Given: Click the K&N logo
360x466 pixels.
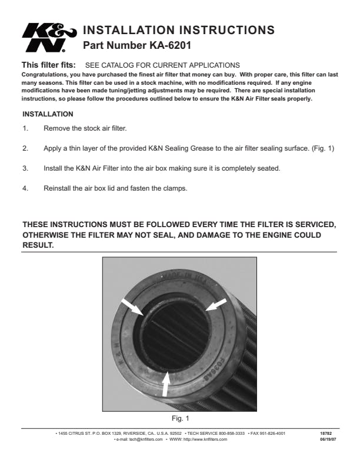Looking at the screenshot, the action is click(x=49, y=38).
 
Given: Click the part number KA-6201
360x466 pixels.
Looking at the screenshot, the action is click(x=170, y=45).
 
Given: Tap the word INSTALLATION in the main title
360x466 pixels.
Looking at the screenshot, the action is click(x=129, y=30).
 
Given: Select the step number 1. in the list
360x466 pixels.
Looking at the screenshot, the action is click(x=25, y=128).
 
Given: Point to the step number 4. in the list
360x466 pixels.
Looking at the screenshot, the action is click(x=25, y=188).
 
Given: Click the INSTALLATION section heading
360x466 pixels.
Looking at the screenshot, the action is click(x=48, y=114).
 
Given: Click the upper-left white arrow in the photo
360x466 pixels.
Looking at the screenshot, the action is click(x=132, y=307).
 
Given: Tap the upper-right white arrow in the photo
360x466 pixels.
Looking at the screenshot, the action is click(x=216, y=305).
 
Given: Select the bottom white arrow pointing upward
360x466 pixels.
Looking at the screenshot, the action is click(x=166, y=384).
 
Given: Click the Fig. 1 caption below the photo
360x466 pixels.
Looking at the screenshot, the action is click(x=181, y=418).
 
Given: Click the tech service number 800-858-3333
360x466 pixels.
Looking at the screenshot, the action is click(x=232, y=434).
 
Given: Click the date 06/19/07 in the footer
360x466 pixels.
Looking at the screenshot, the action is click(x=328, y=440).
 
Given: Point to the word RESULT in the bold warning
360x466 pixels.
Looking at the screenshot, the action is click(x=38, y=245).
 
